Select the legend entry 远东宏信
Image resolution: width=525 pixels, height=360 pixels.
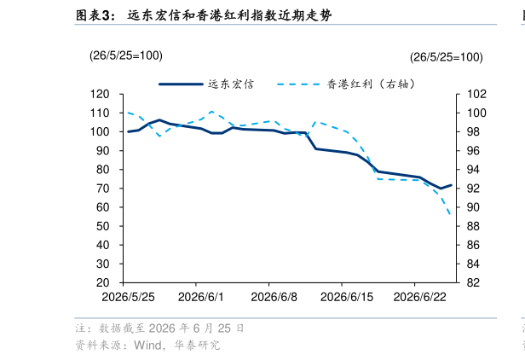(206, 84)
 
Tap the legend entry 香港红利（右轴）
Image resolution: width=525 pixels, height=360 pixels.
(346, 84)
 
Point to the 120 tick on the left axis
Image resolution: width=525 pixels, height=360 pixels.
(100, 94)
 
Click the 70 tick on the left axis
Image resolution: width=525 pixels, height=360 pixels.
(103, 189)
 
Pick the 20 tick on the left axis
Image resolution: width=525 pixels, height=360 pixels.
(103, 283)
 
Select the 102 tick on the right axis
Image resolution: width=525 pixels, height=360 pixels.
(476, 94)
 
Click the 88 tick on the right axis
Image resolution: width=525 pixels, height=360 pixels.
(473, 226)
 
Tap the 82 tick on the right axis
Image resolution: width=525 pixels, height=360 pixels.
(473, 283)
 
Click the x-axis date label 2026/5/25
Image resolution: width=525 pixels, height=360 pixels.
(128, 297)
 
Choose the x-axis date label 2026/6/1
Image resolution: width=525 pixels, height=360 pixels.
(201, 297)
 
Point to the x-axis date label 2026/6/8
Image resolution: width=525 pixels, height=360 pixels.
(274, 297)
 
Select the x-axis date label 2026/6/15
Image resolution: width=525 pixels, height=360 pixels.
(347, 297)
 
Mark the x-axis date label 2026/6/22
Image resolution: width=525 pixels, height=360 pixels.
(420, 297)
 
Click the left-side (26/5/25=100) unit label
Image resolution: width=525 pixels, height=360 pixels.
(126, 55)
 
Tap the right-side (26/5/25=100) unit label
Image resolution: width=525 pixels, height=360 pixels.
(447, 57)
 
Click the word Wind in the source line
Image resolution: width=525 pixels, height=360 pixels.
(148, 345)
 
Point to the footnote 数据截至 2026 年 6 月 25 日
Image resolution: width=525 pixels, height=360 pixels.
(171, 328)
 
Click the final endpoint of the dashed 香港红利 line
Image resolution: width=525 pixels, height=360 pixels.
(451, 214)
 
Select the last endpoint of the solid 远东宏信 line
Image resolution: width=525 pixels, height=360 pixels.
(451, 185)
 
